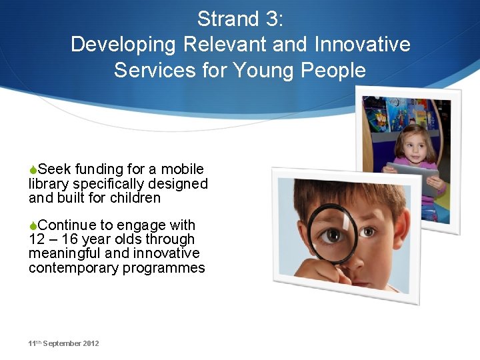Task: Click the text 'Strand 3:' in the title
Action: click(x=240, y=19)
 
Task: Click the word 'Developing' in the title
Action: click(x=121, y=44)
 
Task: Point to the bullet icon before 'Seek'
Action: click(x=33, y=169)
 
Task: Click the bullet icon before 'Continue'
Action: click(x=33, y=225)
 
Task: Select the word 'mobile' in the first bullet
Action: click(x=182, y=169)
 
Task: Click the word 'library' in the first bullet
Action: click(x=49, y=184)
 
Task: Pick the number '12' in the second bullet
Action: click(x=37, y=239)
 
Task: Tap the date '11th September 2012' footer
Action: click(x=63, y=343)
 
